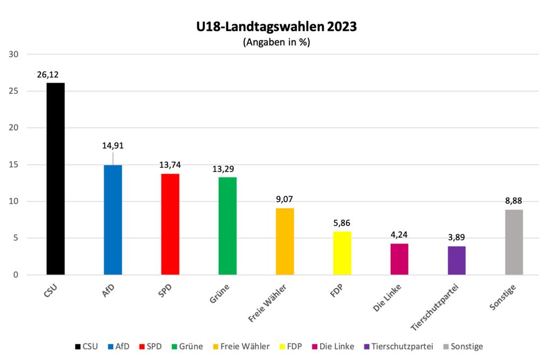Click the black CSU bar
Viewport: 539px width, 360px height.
click(x=56, y=179)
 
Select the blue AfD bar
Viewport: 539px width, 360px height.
click(x=113, y=220)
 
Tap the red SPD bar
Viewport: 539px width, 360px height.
click(x=170, y=224)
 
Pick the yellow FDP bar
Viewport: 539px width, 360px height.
click(x=342, y=253)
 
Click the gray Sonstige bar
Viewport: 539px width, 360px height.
click(x=514, y=242)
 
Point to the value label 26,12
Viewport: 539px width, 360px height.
click(x=48, y=74)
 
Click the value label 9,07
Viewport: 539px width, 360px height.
click(x=284, y=199)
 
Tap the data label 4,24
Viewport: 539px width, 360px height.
click(x=399, y=235)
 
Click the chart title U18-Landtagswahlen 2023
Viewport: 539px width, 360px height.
click(x=277, y=26)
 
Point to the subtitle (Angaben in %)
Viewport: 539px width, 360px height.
click(x=277, y=43)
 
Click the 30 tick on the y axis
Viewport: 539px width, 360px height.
click(x=14, y=54)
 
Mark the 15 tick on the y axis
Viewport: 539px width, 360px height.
click(x=14, y=165)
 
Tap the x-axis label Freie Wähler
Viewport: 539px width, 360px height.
click(x=268, y=304)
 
